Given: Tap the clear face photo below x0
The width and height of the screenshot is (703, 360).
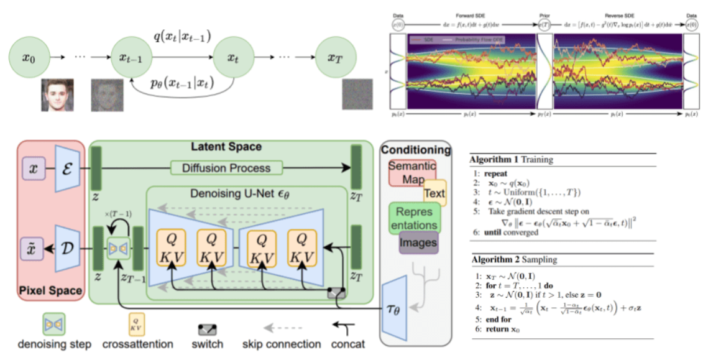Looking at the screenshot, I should (x=58, y=94).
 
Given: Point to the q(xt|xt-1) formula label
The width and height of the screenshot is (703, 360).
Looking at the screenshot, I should (x=181, y=37).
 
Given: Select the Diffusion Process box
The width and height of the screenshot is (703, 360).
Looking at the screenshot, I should (x=226, y=167).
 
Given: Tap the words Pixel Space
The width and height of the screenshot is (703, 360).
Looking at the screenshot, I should (x=51, y=290).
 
